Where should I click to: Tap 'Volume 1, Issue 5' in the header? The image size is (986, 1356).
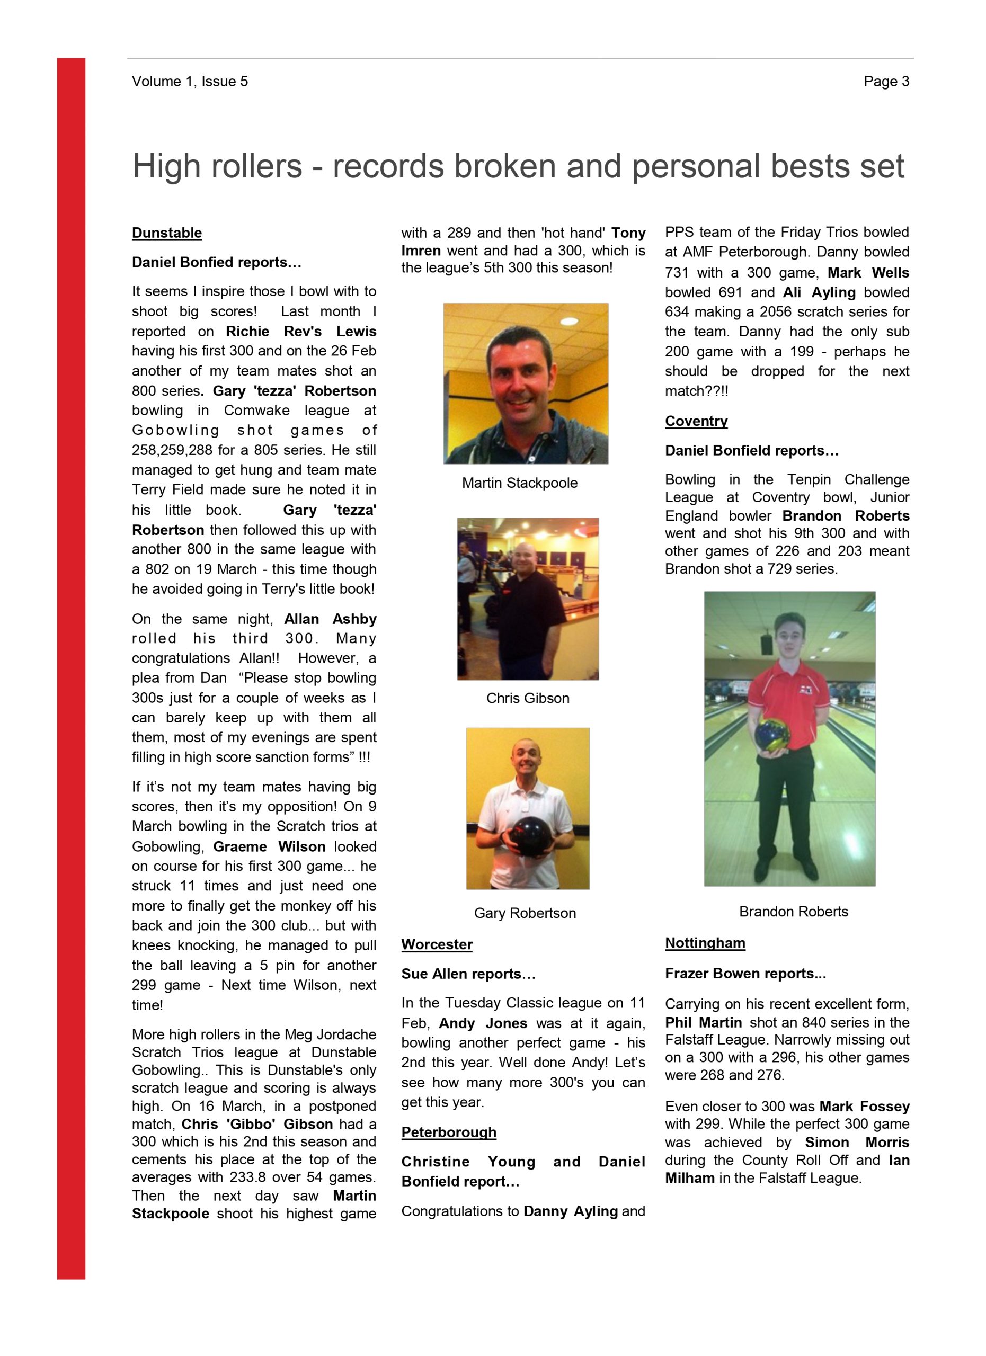(190, 82)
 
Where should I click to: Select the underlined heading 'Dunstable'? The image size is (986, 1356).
(167, 233)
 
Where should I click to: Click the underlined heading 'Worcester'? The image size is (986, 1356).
(437, 944)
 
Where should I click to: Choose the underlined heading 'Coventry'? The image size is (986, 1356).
(696, 421)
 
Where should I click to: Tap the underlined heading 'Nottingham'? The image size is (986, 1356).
(705, 943)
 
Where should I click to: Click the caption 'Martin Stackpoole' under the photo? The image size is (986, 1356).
(520, 483)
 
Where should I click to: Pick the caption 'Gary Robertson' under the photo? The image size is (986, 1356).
(525, 913)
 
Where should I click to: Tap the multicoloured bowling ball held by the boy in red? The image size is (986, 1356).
(772, 734)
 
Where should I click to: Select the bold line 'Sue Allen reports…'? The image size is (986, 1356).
(468, 974)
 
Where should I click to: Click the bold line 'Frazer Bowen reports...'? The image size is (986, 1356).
(745, 974)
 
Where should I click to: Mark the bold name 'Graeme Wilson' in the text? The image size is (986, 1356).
(269, 846)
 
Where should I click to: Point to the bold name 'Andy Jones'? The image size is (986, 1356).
(483, 1023)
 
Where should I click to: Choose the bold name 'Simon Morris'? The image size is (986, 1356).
(856, 1142)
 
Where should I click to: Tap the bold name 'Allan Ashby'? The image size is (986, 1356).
(330, 619)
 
